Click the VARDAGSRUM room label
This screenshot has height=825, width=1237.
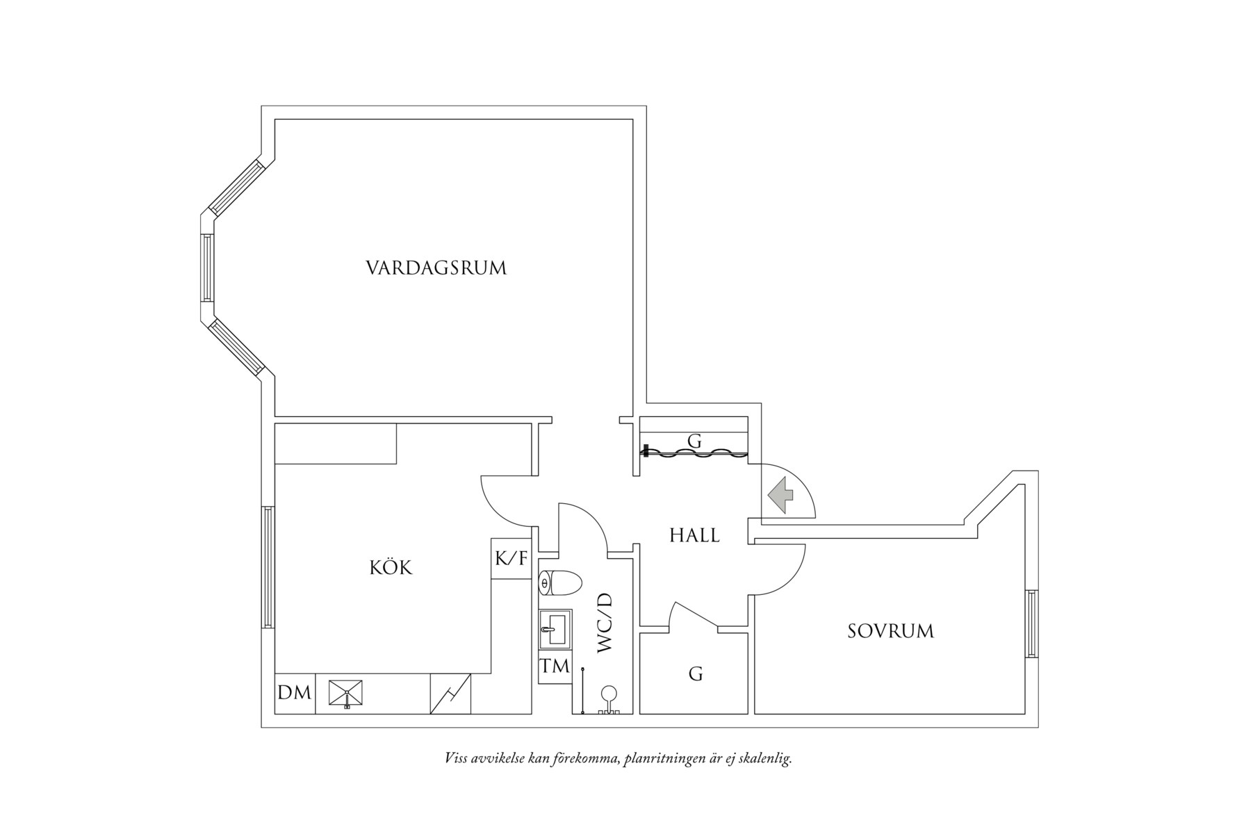[436, 268]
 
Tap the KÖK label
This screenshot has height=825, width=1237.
[391, 568]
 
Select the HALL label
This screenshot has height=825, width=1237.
[694, 535]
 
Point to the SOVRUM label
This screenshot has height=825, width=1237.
[890, 631]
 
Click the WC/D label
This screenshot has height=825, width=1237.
[605, 622]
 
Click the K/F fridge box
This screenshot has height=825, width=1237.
[511, 558]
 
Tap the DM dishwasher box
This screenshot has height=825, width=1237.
[295, 693]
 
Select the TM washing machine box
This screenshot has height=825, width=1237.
[555, 667]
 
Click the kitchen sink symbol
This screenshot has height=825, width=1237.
[346, 693]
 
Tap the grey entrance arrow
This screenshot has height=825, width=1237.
[781, 496]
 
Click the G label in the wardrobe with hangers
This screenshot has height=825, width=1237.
[694, 441]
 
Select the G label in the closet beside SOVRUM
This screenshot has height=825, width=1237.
[695, 673]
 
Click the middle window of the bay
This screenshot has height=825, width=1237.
[206, 268]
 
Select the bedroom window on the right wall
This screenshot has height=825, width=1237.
[1031, 623]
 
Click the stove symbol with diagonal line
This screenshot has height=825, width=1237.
[450, 694]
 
